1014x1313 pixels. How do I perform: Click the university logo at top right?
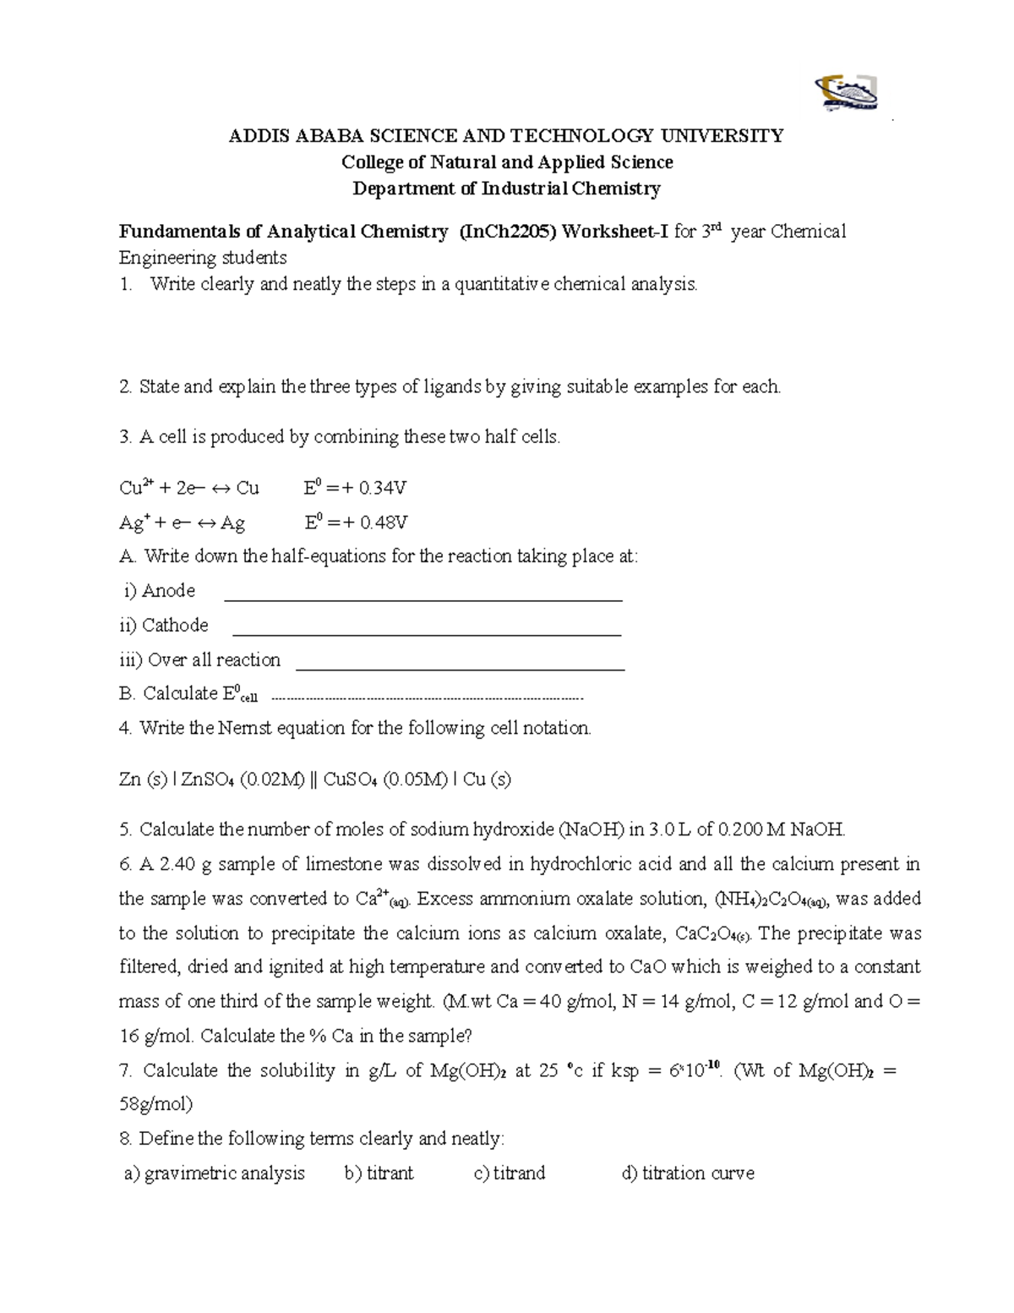[x=845, y=94]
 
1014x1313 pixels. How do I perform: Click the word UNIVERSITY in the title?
[x=722, y=135]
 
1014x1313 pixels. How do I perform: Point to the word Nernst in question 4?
[x=245, y=728]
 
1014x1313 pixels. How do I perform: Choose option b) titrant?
[x=379, y=1173]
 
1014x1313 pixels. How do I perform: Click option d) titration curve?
[x=687, y=1173]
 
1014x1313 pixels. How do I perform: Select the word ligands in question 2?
[x=452, y=387]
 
